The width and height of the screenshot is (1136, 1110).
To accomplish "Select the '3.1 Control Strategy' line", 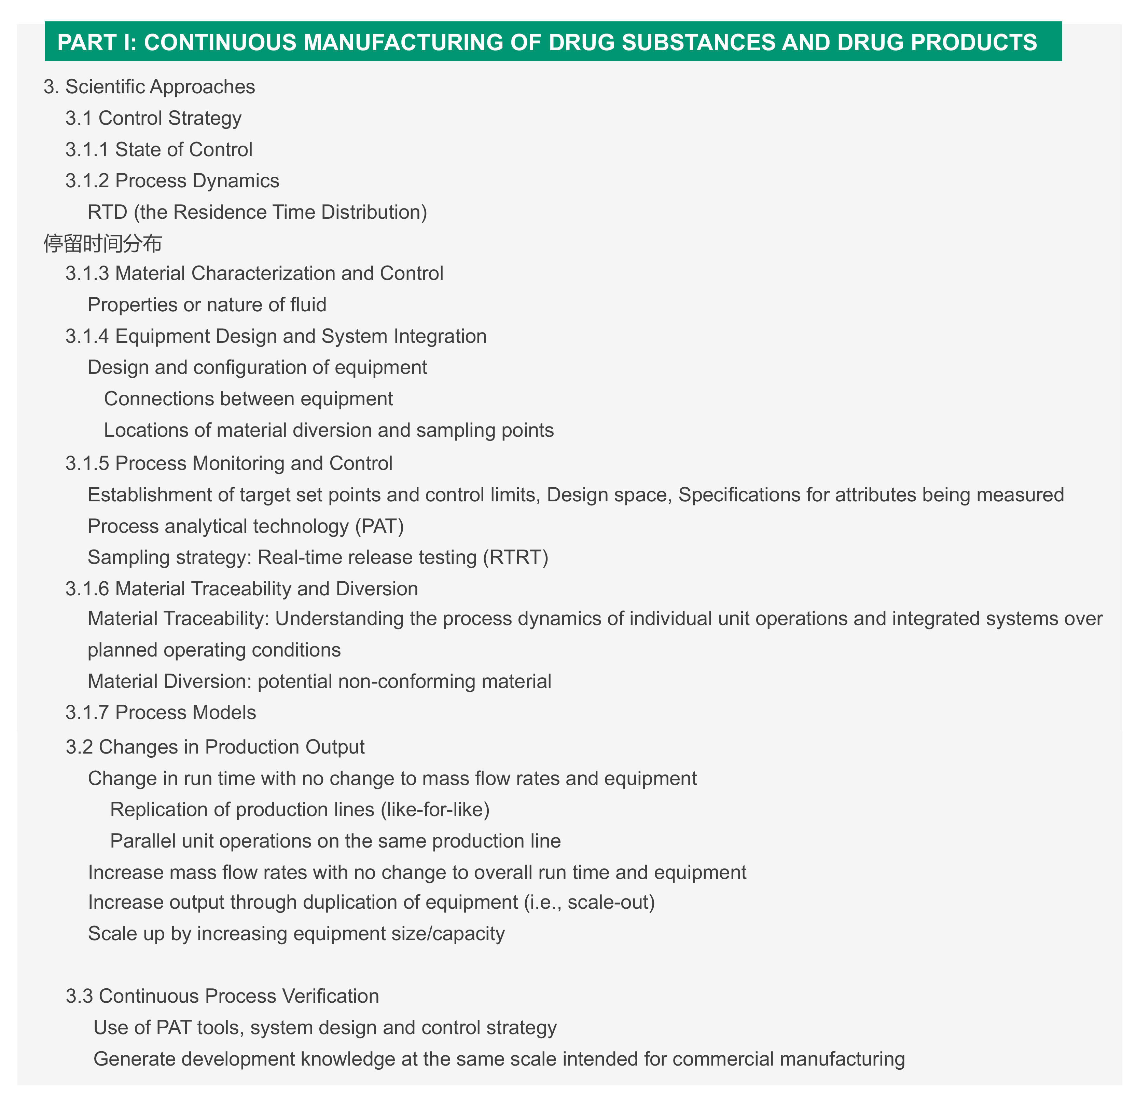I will click(153, 118).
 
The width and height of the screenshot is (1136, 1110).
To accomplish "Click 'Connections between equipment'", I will click(248, 399).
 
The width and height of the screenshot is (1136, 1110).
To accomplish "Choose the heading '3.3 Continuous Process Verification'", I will click(223, 996).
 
